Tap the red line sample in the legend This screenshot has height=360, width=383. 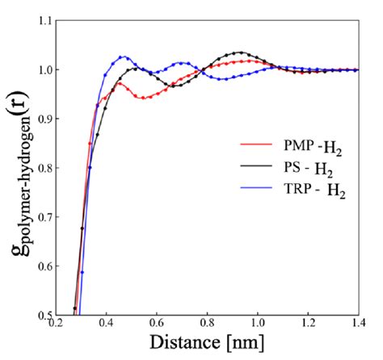254,146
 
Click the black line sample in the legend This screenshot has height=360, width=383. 254,170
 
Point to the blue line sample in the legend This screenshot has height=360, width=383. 254,195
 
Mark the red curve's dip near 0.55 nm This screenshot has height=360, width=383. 144,98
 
